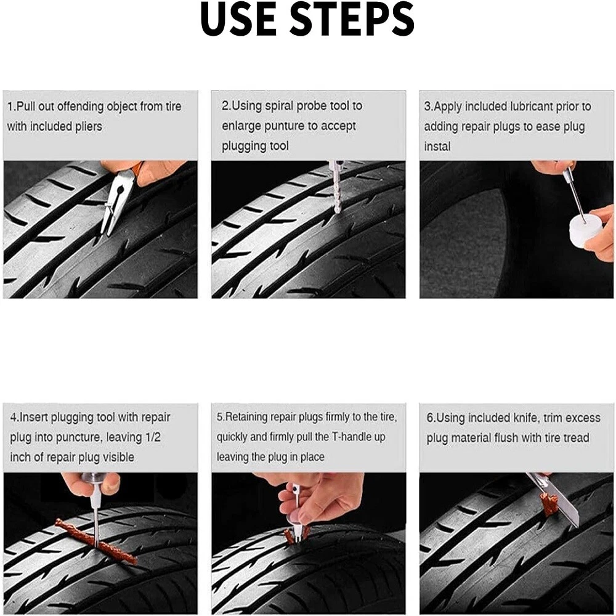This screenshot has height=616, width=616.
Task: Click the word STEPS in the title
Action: (353, 18)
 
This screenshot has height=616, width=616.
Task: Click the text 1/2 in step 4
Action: (153, 437)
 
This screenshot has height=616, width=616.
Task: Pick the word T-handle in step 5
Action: (359, 437)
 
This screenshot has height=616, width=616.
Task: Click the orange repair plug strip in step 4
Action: (97, 541)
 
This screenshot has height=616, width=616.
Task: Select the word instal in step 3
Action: (437, 147)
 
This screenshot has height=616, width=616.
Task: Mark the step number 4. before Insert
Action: (14, 417)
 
